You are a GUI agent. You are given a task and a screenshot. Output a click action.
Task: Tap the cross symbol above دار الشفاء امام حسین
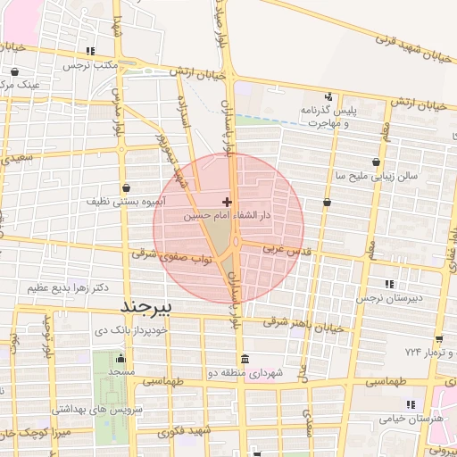[x=228, y=202]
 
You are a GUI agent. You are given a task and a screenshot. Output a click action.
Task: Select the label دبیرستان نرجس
[x=387, y=298]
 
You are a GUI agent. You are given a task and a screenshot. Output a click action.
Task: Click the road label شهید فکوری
[x=182, y=432]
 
